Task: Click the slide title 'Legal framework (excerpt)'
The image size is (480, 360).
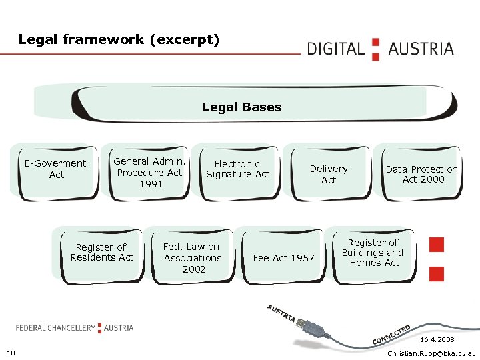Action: [119, 39]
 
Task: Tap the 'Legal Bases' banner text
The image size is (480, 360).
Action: [242, 107]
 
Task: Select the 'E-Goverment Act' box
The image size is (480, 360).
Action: [55, 169]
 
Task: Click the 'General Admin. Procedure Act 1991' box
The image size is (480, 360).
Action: [149, 172]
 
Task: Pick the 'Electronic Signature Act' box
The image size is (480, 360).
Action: [237, 169]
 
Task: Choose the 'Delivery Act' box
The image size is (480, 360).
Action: [329, 175]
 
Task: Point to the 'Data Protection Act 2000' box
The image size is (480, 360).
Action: [421, 174]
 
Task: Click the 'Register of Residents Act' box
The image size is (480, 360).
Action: [101, 253]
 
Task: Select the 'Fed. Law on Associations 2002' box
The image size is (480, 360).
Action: [193, 257]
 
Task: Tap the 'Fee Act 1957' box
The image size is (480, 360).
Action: [283, 258]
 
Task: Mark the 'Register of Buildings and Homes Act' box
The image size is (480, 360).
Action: [373, 253]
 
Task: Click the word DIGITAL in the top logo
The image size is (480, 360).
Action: [335, 49]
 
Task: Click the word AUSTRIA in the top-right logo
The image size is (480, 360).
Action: [421, 49]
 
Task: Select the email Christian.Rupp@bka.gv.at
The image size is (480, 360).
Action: [431, 353]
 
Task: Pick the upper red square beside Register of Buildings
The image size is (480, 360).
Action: [437, 245]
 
